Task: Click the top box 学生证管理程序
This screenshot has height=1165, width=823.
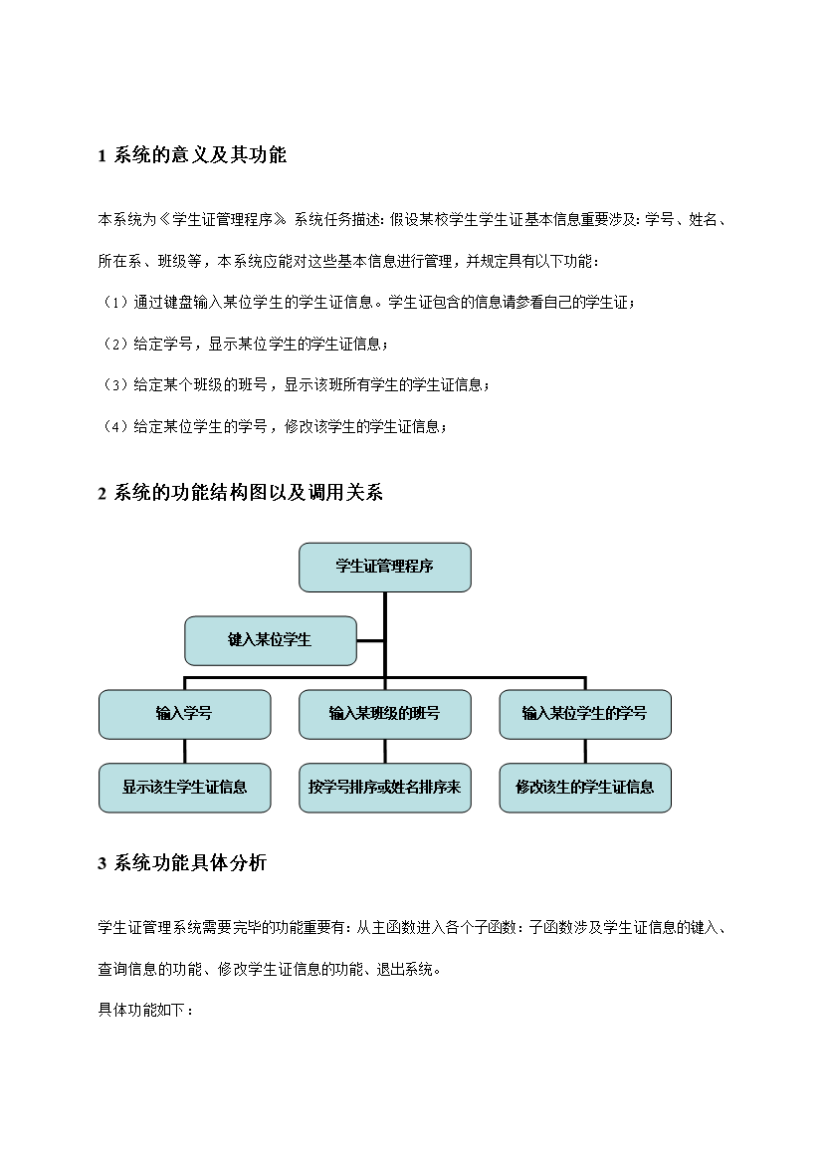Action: tap(385, 567)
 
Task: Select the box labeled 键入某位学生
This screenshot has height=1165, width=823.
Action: tap(271, 640)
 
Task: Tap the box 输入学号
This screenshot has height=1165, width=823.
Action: tap(184, 714)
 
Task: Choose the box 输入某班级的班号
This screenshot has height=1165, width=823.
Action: tap(385, 714)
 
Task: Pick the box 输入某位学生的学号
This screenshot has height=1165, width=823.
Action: tap(585, 714)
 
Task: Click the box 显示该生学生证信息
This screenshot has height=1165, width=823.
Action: tap(184, 788)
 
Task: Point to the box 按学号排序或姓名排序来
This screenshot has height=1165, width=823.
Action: tap(385, 788)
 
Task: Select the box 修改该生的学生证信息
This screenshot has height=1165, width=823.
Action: tap(585, 788)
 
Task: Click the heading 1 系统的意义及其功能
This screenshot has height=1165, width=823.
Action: tap(192, 155)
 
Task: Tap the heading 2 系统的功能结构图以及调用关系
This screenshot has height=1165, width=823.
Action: tap(241, 493)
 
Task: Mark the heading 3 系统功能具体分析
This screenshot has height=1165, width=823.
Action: tap(182, 862)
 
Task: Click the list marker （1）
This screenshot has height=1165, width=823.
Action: tap(114, 303)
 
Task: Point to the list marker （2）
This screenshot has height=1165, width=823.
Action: tap(114, 344)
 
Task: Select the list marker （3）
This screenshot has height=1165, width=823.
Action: tap(114, 385)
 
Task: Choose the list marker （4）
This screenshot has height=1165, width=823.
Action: tap(114, 426)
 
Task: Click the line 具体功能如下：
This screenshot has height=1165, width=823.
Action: tap(145, 1011)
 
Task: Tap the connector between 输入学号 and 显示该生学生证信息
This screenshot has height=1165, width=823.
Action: tap(184, 751)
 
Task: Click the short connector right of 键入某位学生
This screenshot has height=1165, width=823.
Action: tap(370, 640)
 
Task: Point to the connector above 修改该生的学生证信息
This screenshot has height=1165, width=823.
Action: tap(585, 751)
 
